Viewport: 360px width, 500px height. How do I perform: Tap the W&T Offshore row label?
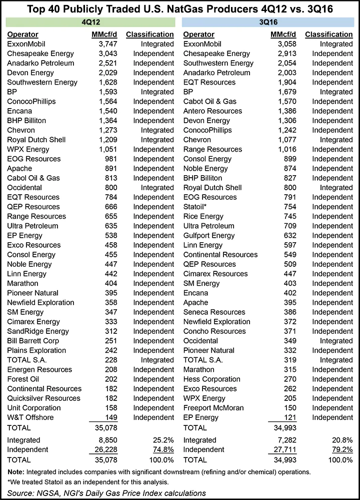point(30,417)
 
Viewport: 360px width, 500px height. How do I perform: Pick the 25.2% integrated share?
point(162,440)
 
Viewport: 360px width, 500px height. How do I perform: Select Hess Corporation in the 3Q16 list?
point(212,379)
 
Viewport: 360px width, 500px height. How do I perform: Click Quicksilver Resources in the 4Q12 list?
point(44,398)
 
